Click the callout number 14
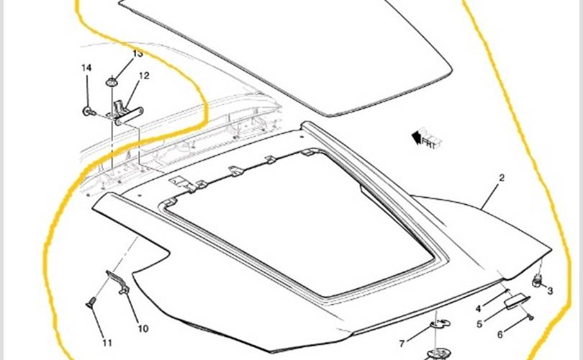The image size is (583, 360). (x=86, y=68)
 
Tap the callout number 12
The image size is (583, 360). (x=144, y=76)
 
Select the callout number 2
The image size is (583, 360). (x=502, y=177)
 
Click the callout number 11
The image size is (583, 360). (x=107, y=342)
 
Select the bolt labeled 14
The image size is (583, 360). (x=87, y=112)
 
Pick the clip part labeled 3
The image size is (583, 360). (x=538, y=280)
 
